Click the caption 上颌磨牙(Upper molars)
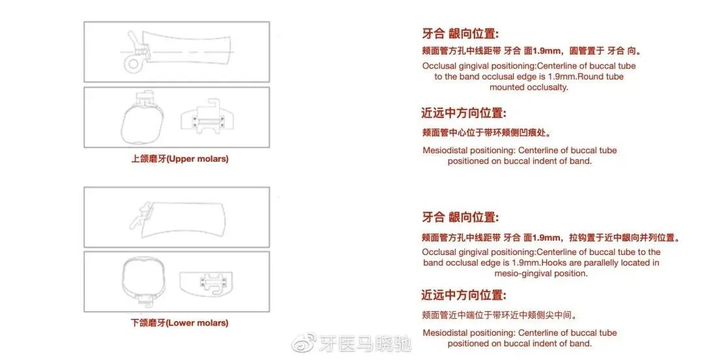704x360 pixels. [x=180, y=158]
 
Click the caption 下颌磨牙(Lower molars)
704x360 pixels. [x=180, y=323]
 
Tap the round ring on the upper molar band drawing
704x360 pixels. [x=134, y=63]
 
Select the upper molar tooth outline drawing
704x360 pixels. [x=139, y=120]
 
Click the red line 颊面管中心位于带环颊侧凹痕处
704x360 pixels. [x=487, y=132]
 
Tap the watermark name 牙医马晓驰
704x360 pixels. [x=366, y=343]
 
